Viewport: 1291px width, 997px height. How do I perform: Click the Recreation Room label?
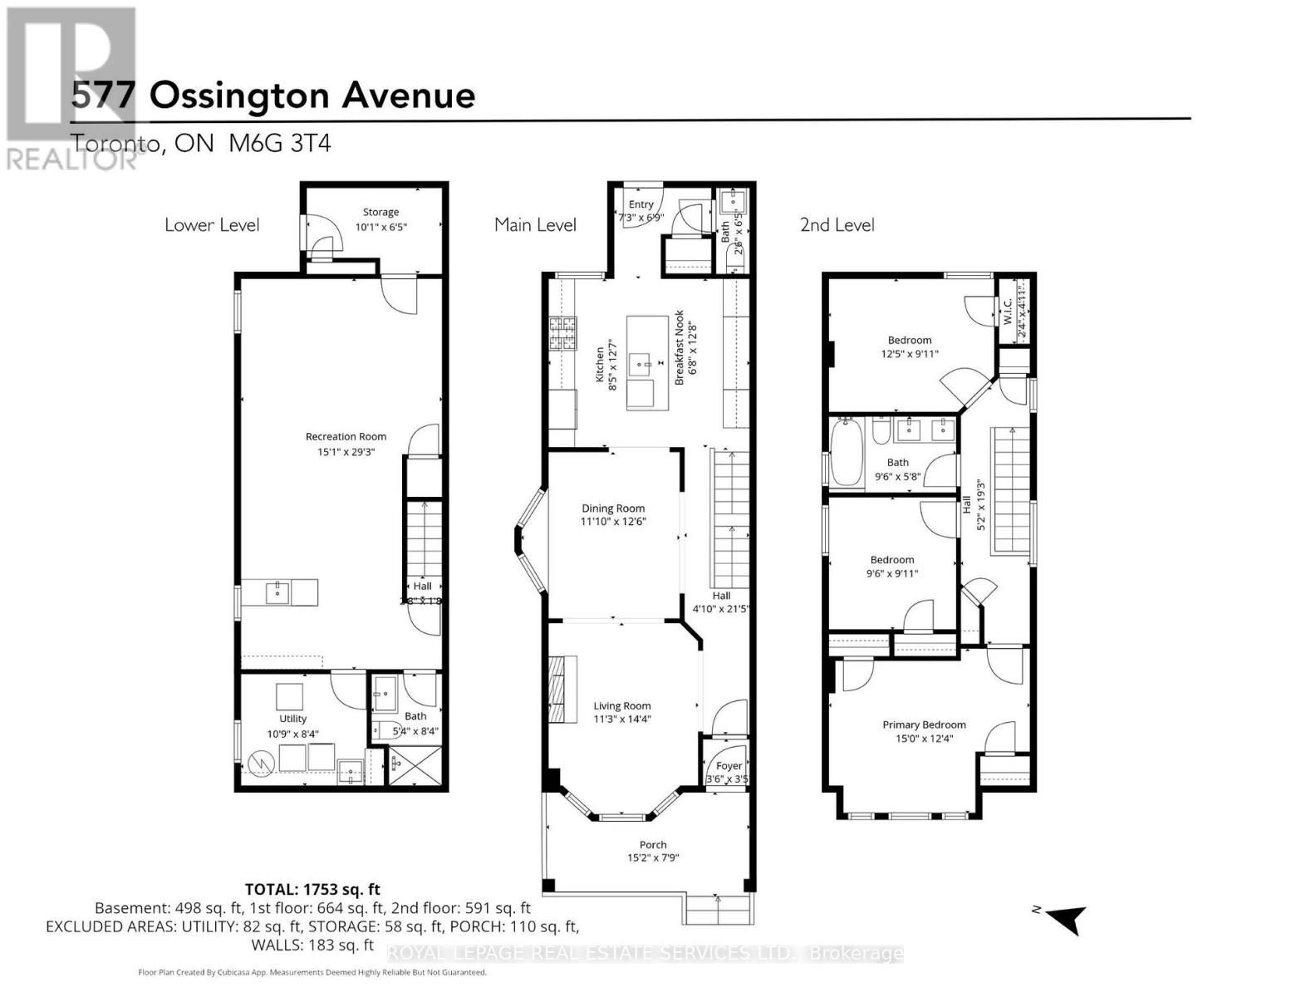tap(346, 436)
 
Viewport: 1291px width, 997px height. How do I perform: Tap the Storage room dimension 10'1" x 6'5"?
tap(381, 227)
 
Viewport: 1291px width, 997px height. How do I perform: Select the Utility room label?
tap(292, 719)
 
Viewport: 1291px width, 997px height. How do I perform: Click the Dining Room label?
tap(613, 508)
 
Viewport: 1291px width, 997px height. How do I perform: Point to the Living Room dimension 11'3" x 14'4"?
tap(621, 720)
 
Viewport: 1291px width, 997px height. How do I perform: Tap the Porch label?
tap(653, 845)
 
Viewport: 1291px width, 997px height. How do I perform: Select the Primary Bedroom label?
tap(924, 724)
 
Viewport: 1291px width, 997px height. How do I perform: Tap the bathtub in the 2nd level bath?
tap(846, 453)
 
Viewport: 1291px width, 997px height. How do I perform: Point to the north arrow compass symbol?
tap(1067, 919)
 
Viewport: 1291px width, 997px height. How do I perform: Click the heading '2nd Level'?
tap(837, 225)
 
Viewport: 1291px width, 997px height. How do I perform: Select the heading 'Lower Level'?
tap(212, 225)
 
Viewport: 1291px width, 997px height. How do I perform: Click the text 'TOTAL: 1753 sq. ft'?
tap(312, 890)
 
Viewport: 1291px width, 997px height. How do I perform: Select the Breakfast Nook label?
tap(680, 347)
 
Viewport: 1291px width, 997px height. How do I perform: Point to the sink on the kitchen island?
tap(641, 361)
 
